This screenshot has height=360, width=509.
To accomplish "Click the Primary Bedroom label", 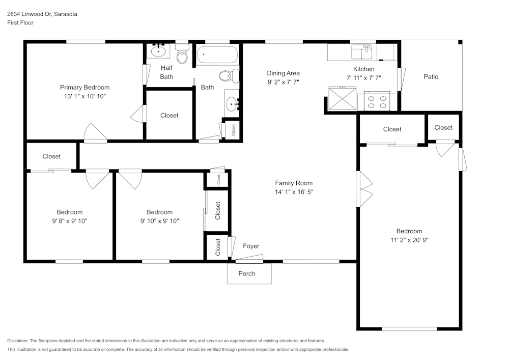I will (x=84, y=87).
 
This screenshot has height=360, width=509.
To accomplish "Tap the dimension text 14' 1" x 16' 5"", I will (x=294, y=192).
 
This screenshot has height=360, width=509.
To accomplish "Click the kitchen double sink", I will (x=362, y=52).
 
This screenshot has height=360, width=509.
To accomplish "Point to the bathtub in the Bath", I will (x=217, y=54).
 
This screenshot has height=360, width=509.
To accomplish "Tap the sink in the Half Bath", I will (x=159, y=51).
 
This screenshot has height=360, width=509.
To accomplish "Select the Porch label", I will (x=247, y=273).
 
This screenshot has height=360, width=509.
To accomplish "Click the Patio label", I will (x=431, y=77).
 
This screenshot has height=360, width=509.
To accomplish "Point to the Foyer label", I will (x=250, y=246).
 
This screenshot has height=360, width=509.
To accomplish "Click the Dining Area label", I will (x=284, y=73).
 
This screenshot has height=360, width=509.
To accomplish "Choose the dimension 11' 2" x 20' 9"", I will (x=409, y=240).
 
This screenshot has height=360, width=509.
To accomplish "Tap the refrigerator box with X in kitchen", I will (x=342, y=98).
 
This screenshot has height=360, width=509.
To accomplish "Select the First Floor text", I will (x=20, y=23).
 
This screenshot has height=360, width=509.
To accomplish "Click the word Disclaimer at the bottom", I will (x=18, y=341).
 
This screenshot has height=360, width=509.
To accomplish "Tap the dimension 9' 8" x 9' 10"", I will (x=69, y=221).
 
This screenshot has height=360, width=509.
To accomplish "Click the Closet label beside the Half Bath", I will (x=169, y=115).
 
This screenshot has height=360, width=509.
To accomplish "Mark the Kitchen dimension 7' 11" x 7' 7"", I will (x=363, y=77).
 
